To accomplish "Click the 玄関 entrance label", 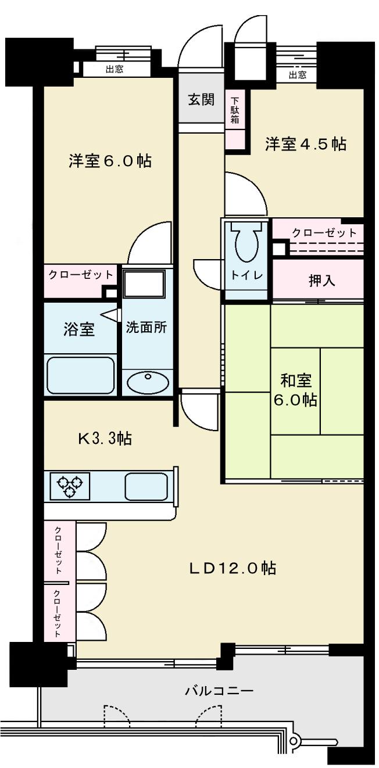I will (x=201, y=100).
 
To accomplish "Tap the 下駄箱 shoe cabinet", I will (x=235, y=110).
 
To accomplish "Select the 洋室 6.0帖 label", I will (x=110, y=161).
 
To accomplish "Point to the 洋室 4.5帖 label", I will (x=306, y=143).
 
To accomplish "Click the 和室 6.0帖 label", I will (x=297, y=390).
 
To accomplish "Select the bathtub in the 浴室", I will (x=80, y=375).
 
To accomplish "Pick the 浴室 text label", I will (x=78, y=329).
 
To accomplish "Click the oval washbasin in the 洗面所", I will (x=148, y=382).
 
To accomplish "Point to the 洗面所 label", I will (x=146, y=327).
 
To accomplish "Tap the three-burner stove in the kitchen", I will (x=70, y=486).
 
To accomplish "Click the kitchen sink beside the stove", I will (x=146, y=486).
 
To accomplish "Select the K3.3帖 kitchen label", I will (x=105, y=439).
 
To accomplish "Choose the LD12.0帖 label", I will (x=231, y=568).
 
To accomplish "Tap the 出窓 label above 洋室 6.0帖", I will (x=115, y=70).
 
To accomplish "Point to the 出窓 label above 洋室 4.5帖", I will (x=297, y=75).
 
